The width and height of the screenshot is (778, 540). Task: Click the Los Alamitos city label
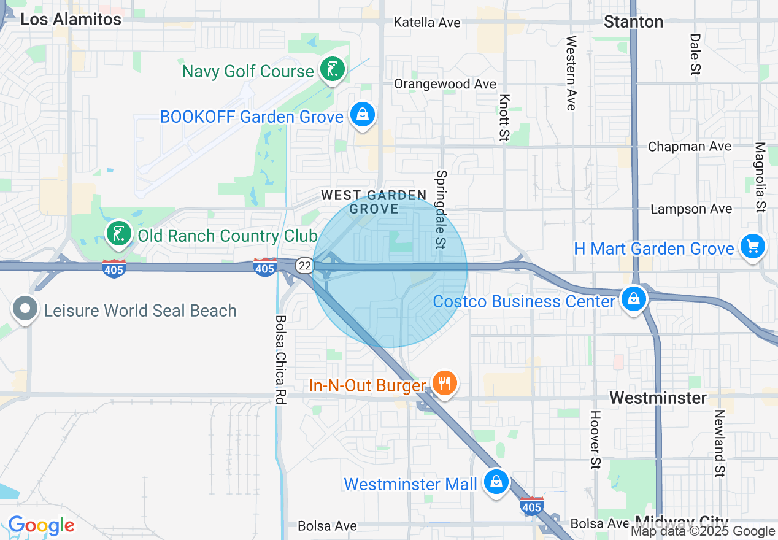coord(71,19)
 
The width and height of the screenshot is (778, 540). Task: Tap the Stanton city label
coord(633,22)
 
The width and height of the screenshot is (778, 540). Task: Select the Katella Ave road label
coord(427,23)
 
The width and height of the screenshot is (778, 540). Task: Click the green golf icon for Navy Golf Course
coord(332,70)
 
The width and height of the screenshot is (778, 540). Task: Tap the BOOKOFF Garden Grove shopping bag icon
coord(363,115)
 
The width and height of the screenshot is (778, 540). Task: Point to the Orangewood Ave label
coord(445,84)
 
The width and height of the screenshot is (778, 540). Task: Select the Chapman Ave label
coord(690,147)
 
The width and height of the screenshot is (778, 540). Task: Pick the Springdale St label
coord(442,209)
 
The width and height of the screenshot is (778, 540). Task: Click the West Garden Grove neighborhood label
coord(374,202)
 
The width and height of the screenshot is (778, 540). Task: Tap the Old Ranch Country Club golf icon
coord(119,234)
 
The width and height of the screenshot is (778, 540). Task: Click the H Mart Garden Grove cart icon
coord(752,247)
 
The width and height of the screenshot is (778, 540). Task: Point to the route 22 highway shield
coord(304,265)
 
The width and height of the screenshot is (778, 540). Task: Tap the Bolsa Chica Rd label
coord(281,359)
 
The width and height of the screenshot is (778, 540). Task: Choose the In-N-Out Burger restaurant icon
coord(444,384)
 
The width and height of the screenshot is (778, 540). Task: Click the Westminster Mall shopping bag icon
coord(496,482)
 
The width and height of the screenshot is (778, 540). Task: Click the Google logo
coord(41,526)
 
